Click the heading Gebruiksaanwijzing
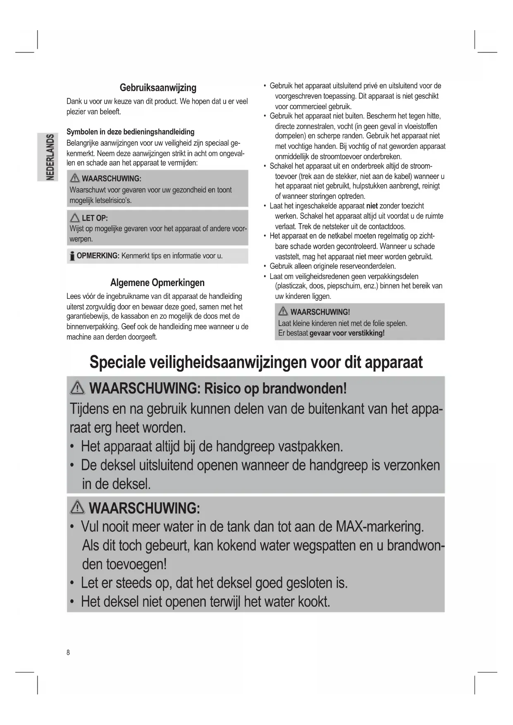click(x=158, y=88)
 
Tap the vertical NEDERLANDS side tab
click(x=48, y=157)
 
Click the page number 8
click(x=68, y=653)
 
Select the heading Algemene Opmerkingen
click(x=157, y=283)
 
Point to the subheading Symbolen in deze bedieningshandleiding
click(x=130, y=132)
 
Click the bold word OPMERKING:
click(x=98, y=256)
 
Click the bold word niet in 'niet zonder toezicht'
click(x=372, y=206)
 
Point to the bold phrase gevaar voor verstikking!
click(x=347, y=333)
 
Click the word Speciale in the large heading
click(x=117, y=362)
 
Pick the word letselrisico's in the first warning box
click(x=113, y=200)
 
